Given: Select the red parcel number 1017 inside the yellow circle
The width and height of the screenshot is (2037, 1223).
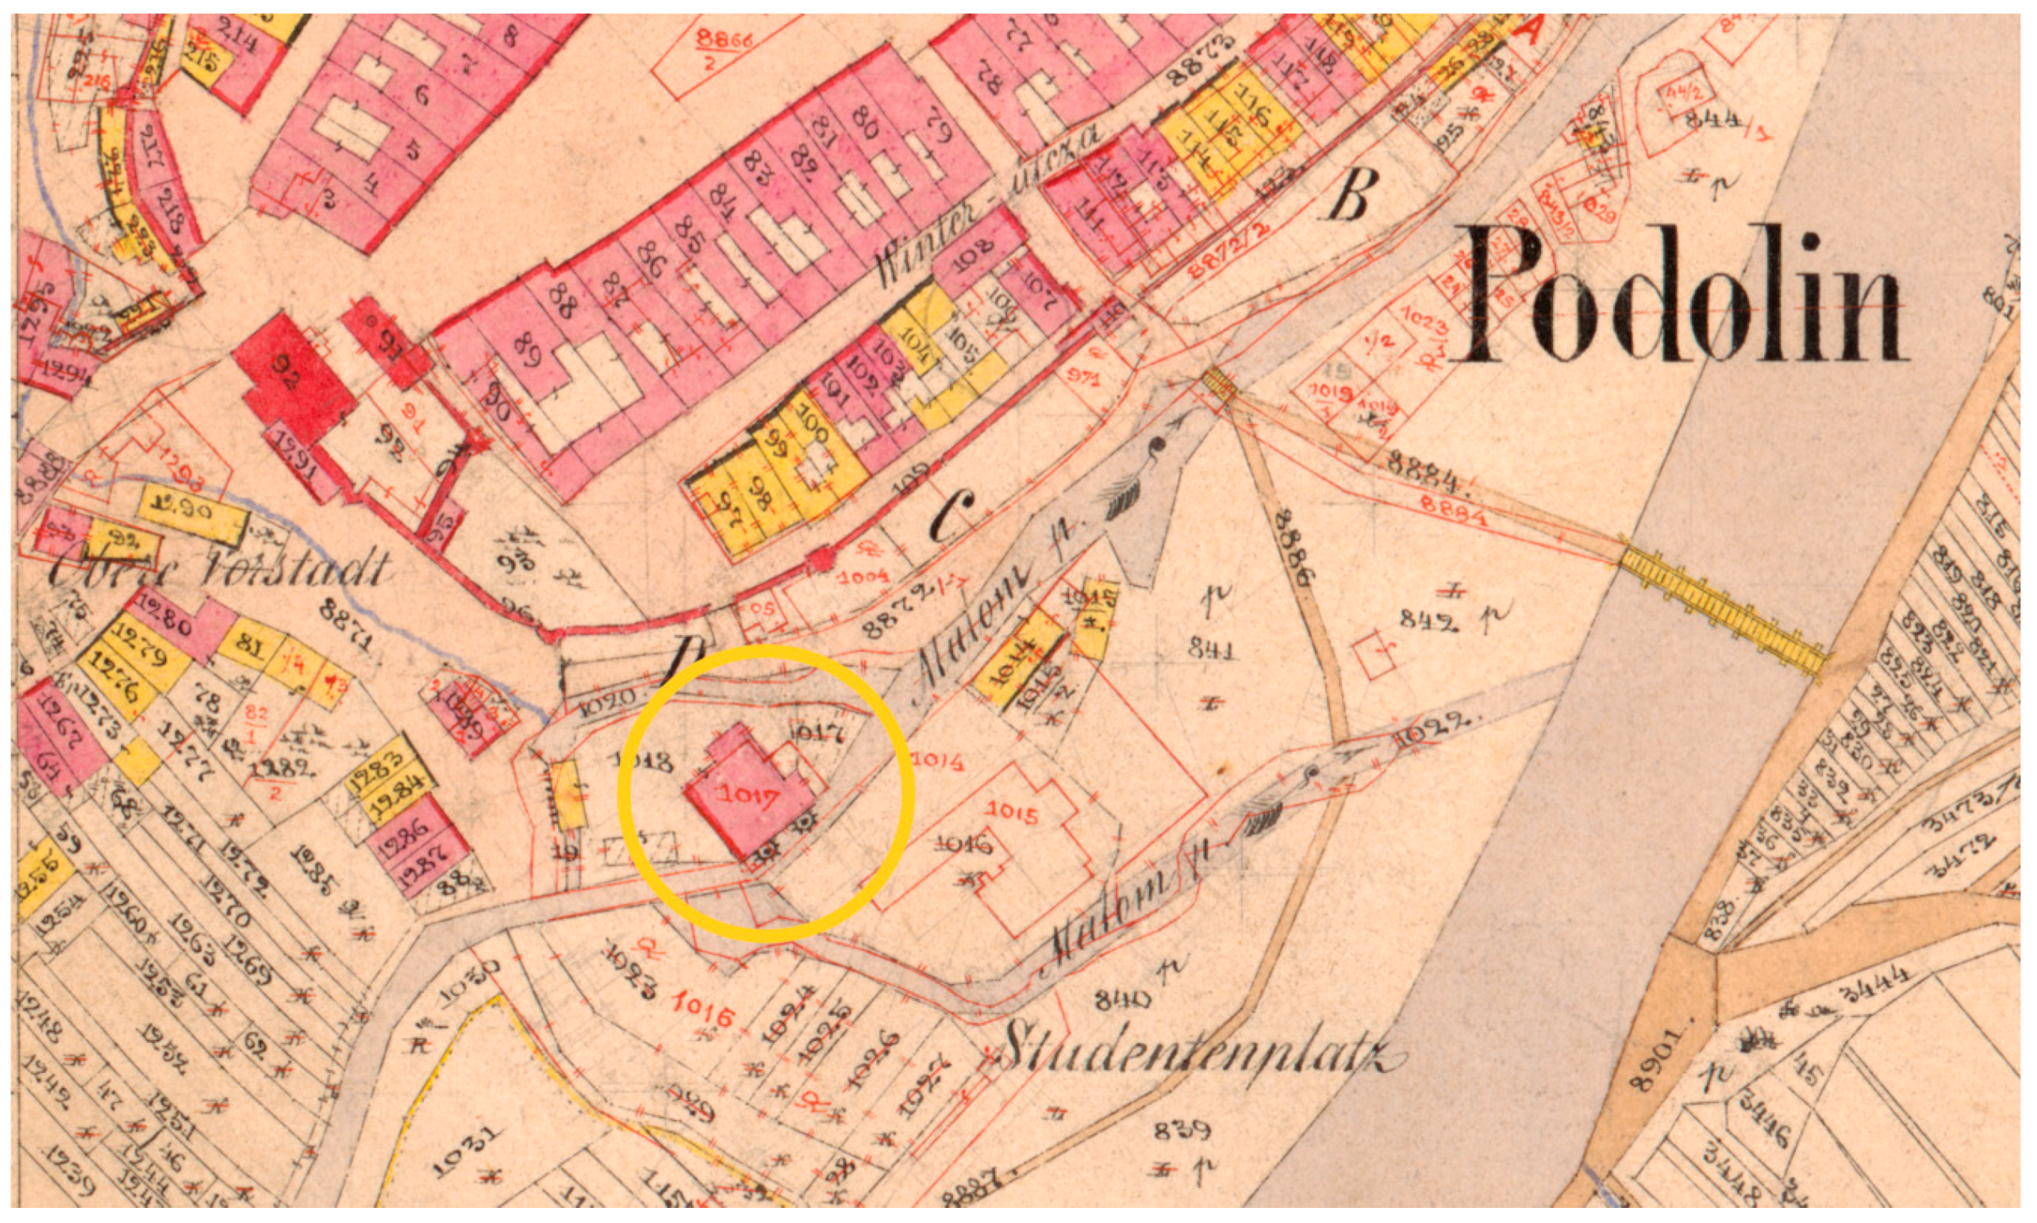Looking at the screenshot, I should pyautogui.click(x=749, y=797).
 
